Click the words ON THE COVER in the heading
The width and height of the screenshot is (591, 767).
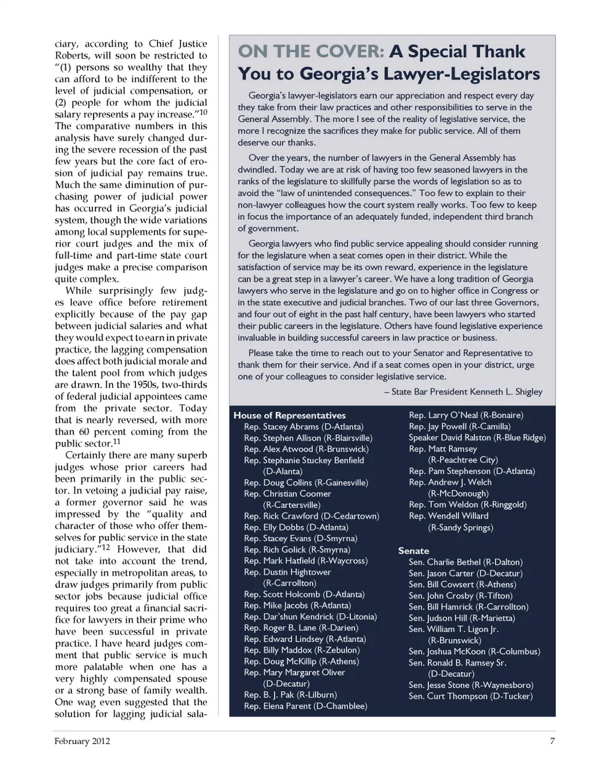(312, 52)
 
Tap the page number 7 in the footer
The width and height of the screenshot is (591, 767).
(552, 741)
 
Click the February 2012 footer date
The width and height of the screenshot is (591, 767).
(82, 741)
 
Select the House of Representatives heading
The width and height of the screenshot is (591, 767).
(289, 415)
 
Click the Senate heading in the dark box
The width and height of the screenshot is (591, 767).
(414, 551)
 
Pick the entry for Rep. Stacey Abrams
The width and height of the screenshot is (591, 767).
(304, 426)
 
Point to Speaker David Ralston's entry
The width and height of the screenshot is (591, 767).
(477, 437)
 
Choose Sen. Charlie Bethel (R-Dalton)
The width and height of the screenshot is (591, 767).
(465, 562)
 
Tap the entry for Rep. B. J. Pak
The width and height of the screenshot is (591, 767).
(291, 695)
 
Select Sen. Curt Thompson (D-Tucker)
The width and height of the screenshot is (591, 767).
(470, 696)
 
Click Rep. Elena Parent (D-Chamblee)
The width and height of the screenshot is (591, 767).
(305, 706)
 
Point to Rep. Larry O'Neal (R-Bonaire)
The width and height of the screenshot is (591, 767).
(466, 415)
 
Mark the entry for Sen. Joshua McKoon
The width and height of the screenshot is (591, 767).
(474, 651)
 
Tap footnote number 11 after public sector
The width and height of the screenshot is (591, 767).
(117, 442)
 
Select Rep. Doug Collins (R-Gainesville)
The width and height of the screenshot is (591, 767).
(306, 482)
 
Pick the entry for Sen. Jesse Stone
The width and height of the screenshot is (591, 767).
(471, 684)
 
